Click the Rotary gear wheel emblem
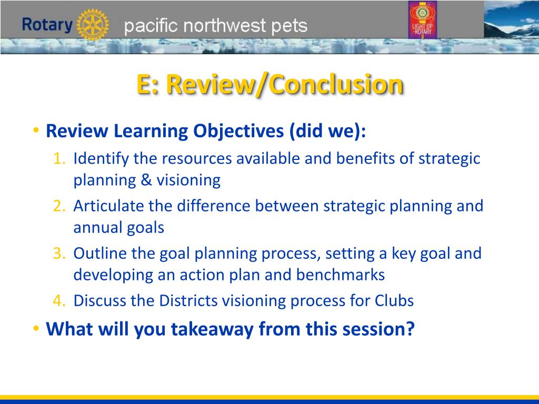(93, 25)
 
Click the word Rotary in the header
(47, 25)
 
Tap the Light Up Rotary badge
(423, 19)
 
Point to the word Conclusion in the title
(337, 84)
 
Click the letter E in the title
(144, 84)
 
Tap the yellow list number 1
(59, 159)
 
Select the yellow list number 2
(59, 206)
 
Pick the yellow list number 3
(59, 253)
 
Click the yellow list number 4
(59, 300)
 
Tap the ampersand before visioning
(146, 180)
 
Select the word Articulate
(108, 206)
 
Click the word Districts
(188, 300)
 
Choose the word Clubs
(394, 300)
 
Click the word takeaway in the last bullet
(213, 329)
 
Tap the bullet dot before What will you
(36, 328)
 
